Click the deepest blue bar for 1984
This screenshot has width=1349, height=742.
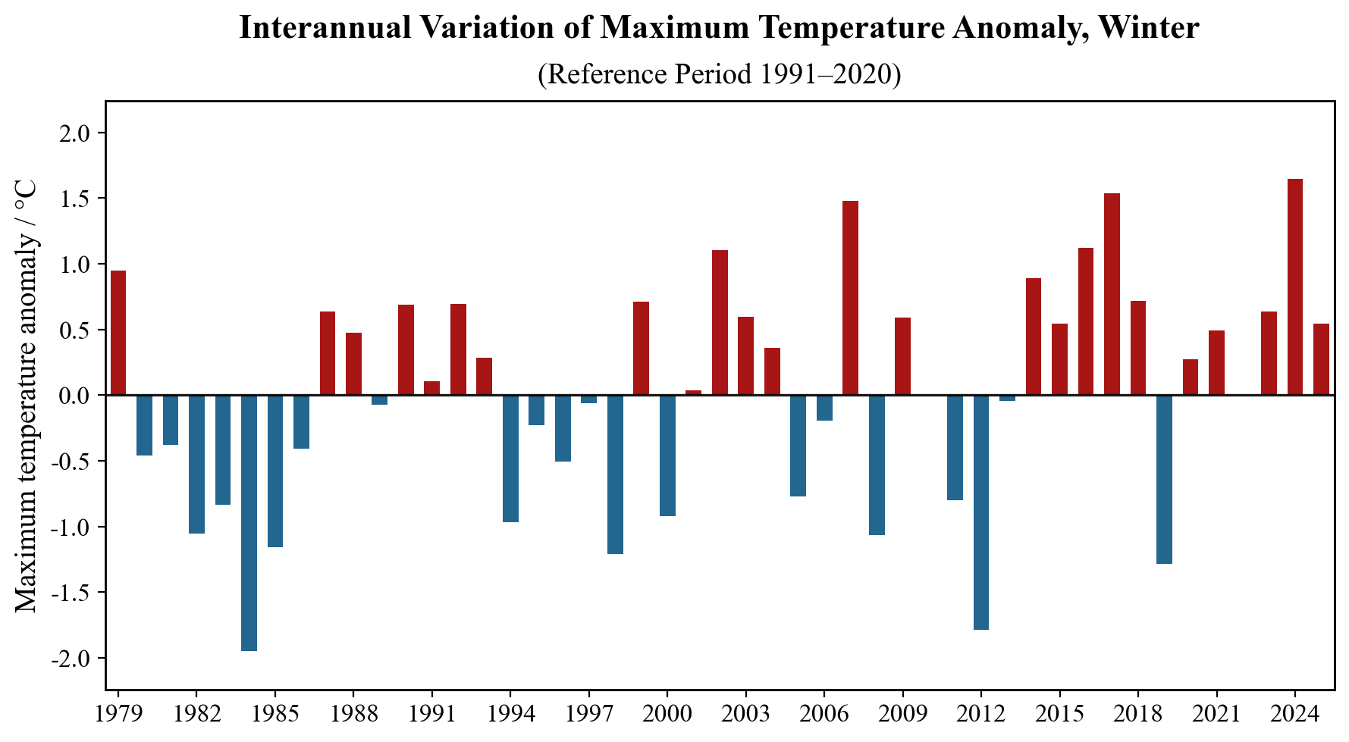(x=249, y=523)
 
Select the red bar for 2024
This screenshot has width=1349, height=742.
(x=1295, y=287)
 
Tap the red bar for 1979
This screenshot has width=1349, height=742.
(x=118, y=333)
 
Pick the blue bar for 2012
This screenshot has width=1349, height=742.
(x=981, y=512)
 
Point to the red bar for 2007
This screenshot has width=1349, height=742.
(x=850, y=298)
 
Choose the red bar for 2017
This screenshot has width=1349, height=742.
(x=1112, y=294)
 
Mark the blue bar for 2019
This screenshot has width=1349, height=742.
(x=1164, y=479)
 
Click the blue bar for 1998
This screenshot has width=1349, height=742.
(x=615, y=474)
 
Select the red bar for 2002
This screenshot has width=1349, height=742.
(x=720, y=323)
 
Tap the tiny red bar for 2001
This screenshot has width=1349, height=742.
(x=693, y=393)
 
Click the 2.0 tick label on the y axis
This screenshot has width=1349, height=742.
(x=74, y=133)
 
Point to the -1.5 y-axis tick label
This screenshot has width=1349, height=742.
(x=71, y=593)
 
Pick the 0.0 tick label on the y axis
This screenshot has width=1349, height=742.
(x=74, y=396)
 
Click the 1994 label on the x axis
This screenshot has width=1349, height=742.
(x=510, y=714)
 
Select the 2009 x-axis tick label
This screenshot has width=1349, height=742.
(x=902, y=714)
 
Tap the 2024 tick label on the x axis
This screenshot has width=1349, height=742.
(x=1295, y=714)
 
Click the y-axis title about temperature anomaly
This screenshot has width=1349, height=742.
(x=27, y=396)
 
